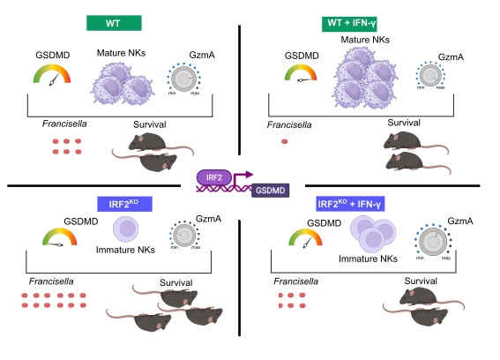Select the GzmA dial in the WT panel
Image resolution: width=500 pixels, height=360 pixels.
tap(184, 80)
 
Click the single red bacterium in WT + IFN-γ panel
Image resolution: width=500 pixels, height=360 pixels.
tap(285, 140)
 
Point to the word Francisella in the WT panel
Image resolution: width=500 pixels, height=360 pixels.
tap(63, 123)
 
